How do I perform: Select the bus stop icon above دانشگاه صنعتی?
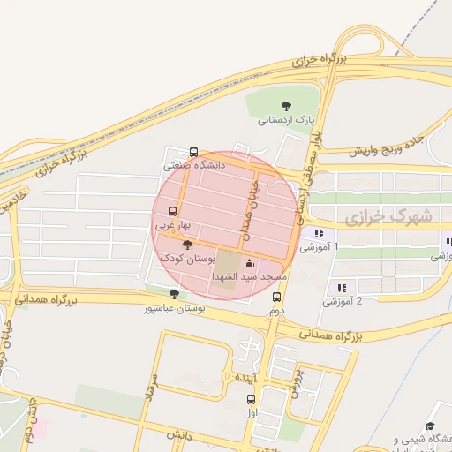click(194, 151)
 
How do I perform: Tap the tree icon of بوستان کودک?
click(185, 244)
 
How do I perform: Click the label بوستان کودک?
click(186, 258)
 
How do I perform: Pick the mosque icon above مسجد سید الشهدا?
click(249, 263)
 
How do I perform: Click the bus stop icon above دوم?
click(276, 298)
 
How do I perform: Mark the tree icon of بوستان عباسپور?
click(174, 294)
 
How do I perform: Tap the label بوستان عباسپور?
click(176, 309)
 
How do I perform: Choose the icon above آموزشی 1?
click(318, 234)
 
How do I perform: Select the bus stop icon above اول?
click(252, 399)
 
